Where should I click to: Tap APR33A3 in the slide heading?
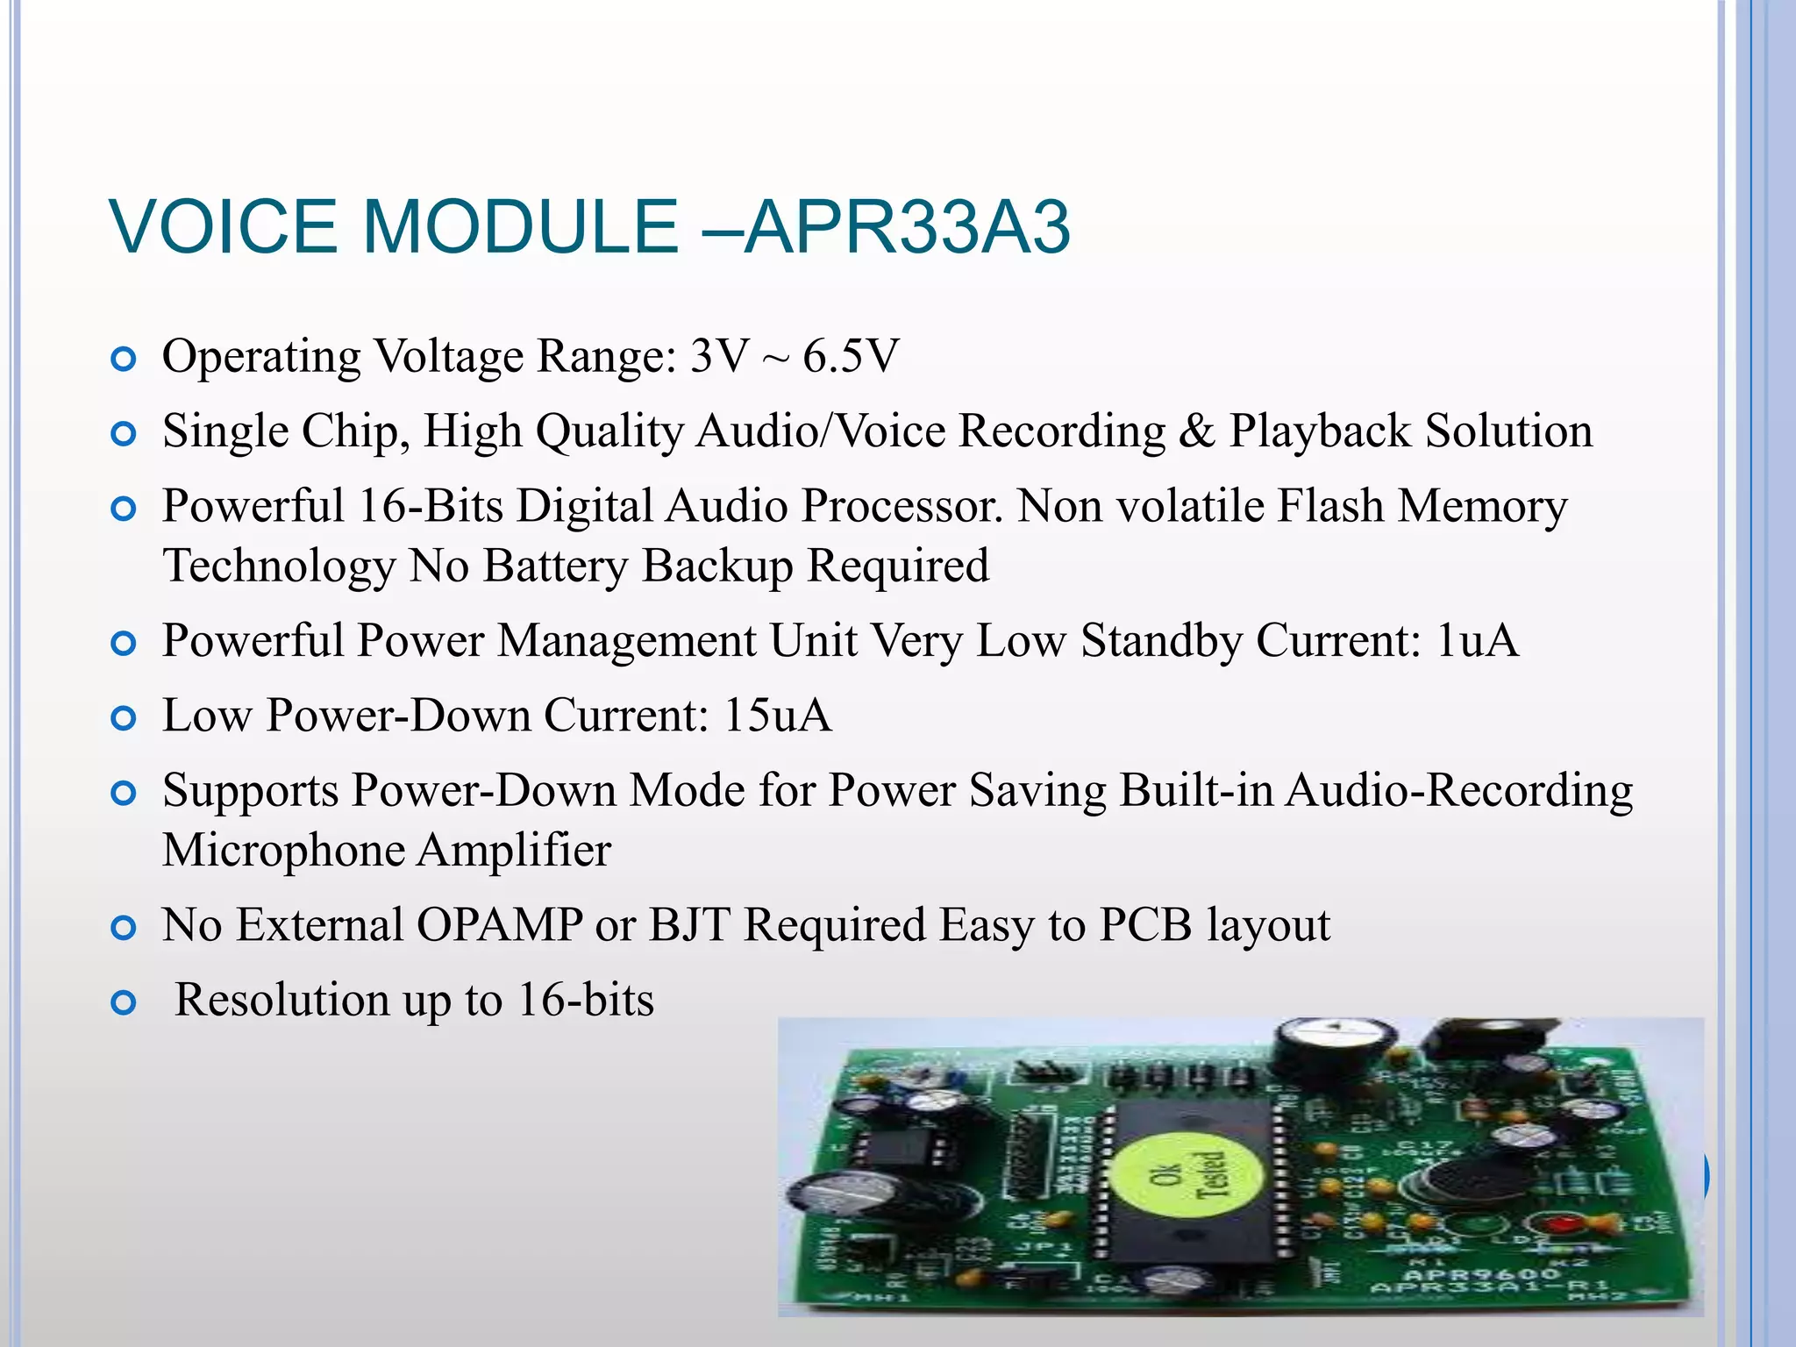pos(908,227)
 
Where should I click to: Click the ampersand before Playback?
pos(1196,431)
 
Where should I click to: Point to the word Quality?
pos(609,431)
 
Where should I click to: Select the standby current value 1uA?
pos(1477,640)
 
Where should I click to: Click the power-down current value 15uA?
pos(777,716)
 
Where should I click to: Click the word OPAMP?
pos(499,925)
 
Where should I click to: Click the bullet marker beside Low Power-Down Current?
pos(125,719)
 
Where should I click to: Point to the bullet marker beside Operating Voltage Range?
pos(125,360)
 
